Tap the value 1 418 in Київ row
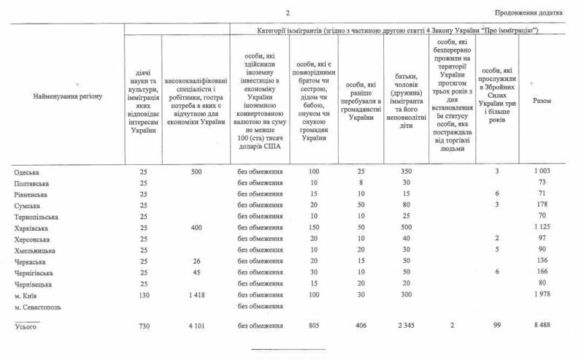(x=193, y=294)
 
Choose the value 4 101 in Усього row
(x=193, y=326)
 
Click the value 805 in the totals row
(x=315, y=326)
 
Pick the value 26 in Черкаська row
(x=193, y=261)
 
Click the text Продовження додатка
(x=528, y=12)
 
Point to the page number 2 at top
(x=288, y=12)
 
